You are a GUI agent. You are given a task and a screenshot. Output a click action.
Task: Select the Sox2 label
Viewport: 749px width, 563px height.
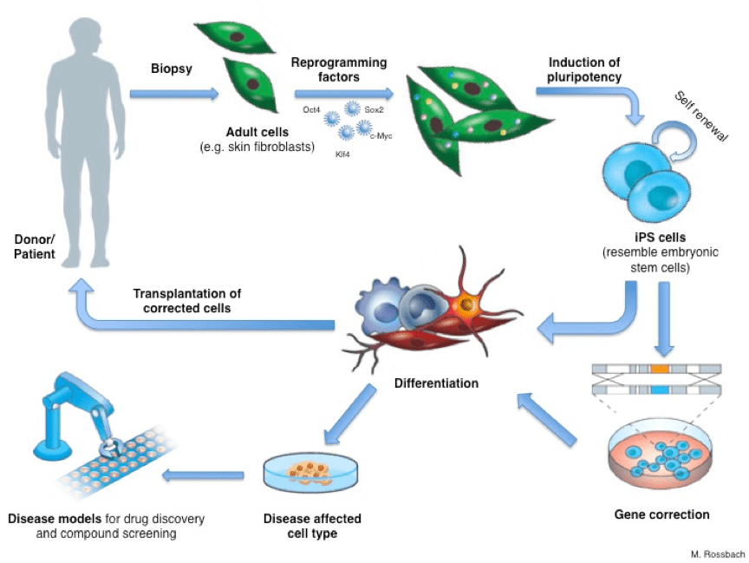pyautogui.click(x=374, y=111)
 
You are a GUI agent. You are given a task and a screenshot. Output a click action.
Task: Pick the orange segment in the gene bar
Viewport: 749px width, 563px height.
pyautogui.click(x=660, y=370)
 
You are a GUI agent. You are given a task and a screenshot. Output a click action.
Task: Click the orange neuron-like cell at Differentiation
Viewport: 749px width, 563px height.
pyautogui.click(x=469, y=304)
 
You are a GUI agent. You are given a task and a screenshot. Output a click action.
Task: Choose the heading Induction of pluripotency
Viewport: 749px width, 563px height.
pyautogui.click(x=585, y=70)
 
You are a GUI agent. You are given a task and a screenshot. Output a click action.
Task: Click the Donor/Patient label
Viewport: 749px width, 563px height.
pyautogui.click(x=35, y=247)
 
